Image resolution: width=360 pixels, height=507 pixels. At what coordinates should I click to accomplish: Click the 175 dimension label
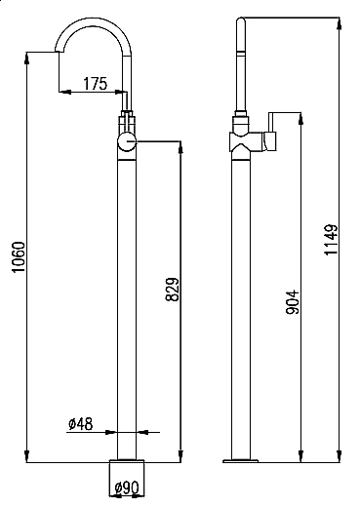[95, 84]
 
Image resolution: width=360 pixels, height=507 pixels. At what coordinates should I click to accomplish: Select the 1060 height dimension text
[19, 257]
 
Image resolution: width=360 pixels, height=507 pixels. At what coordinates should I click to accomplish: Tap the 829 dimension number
[173, 289]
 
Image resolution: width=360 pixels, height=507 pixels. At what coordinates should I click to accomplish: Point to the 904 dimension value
[292, 302]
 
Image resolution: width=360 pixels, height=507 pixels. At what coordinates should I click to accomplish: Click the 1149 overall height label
[331, 240]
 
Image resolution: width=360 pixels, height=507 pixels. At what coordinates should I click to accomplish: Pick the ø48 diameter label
[81, 424]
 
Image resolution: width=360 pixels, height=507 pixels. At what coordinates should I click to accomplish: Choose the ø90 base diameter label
[127, 487]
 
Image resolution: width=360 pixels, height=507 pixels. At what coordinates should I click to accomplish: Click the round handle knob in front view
[127, 141]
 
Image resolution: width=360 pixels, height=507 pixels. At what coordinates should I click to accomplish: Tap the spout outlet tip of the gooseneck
[59, 51]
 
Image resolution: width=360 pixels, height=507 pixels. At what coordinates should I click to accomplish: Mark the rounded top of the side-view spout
[241, 20]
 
